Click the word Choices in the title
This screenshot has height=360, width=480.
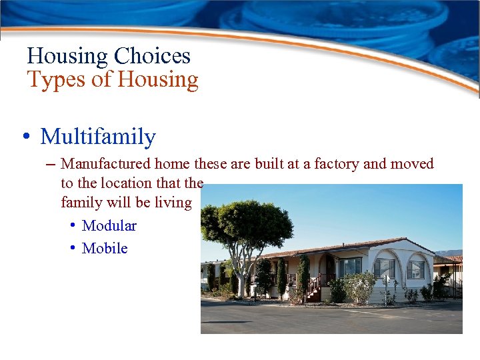[x=152, y=56]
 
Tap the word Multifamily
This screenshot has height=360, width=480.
[x=98, y=137]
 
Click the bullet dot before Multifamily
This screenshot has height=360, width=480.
[x=25, y=137]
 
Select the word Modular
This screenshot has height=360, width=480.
[x=109, y=225]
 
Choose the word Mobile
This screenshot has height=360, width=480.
[x=104, y=248]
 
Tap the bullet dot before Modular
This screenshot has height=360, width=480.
[x=73, y=225]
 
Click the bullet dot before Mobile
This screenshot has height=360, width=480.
[x=73, y=248]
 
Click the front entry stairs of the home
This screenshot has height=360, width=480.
[x=312, y=289]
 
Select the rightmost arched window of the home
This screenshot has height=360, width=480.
[x=416, y=268]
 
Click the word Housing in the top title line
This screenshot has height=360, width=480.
[x=67, y=56]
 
